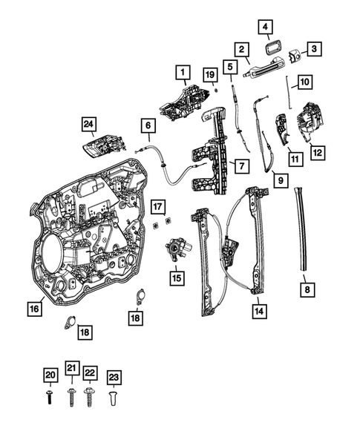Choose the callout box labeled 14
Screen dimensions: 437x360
tap(258, 312)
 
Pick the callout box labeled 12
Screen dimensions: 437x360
tap(317, 153)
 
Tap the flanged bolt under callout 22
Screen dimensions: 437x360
tap(90, 398)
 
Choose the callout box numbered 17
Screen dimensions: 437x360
tap(157, 206)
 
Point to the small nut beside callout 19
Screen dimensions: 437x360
tap(215, 89)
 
